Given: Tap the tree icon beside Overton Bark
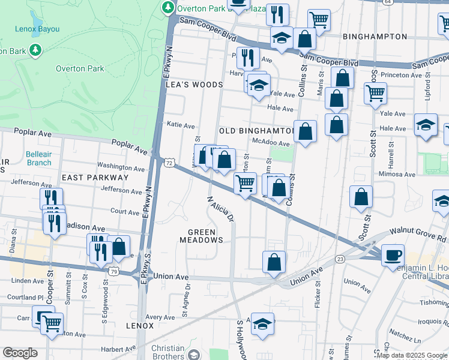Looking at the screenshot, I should click(x=36, y=50).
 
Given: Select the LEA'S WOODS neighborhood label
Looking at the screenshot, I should click(x=194, y=85).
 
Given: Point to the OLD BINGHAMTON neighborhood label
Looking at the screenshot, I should click(x=256, y=130).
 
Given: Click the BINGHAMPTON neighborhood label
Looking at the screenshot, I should click(x=375, y=37).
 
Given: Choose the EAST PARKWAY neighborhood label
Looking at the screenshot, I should click(x=95, y=178).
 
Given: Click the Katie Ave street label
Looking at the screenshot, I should click(x=181, y=126).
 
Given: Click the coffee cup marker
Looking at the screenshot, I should click(x=393, y=254).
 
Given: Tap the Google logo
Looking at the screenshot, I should click(x=20, y=353).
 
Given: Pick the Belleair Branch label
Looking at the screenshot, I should click(x=38, y=158).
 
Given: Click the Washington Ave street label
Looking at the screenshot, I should click(x=121, y=166).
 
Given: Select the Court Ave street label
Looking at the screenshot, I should click(x=125, y=211).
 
